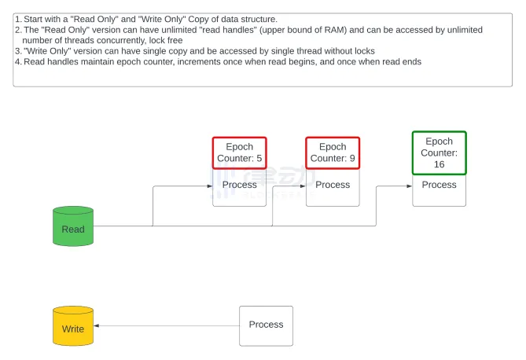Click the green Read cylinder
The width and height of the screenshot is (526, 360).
[73, 227]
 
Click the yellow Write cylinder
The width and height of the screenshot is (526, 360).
[73, 326]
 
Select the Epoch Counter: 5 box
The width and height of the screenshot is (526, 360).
[239, 152]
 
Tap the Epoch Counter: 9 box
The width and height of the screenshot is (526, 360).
[333, 152]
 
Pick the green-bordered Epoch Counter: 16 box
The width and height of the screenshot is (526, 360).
[439, 153]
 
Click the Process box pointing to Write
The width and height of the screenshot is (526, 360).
[266, 325]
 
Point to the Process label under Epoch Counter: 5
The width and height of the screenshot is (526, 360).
[239, 186]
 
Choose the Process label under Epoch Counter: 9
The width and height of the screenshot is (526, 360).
[333, 186]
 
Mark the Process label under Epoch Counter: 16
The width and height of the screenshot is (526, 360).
[439, 186]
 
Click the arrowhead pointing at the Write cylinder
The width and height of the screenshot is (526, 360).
[97, 325]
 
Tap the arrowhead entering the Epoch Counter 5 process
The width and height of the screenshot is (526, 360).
[209, 186]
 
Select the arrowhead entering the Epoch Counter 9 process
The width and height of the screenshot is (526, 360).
[303, 186]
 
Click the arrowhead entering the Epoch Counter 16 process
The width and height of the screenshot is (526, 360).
[409, 186]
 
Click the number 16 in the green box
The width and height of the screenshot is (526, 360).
[439, 164]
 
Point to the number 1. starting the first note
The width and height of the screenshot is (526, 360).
[18, 17]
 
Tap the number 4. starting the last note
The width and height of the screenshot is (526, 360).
[18, 61]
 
